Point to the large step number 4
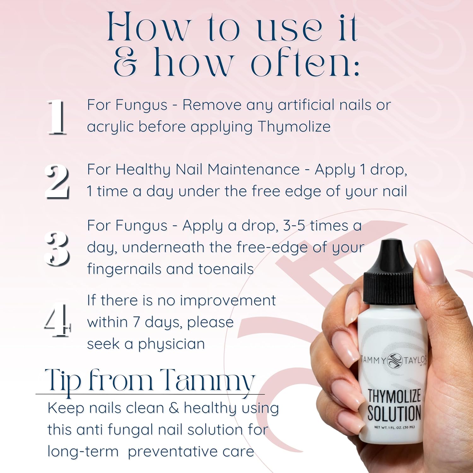tap(57, 320)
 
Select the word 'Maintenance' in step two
tap(253, 169)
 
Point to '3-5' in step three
tap(294, 225)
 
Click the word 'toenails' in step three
tap(226, 269)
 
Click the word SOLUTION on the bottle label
tap(394, 413)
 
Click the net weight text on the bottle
tap(394, 427)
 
